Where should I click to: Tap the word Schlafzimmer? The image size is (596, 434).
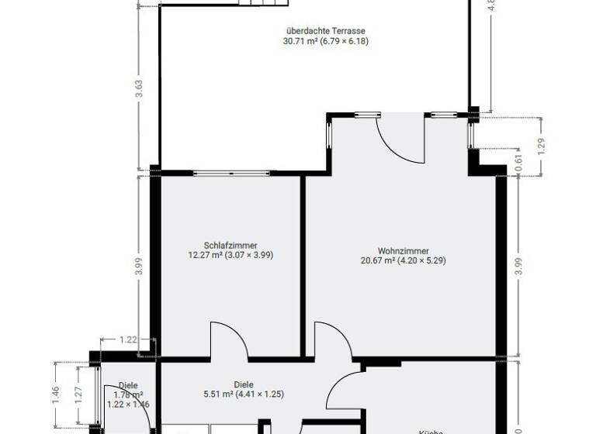pos(230,245)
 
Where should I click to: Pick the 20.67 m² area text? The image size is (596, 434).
pos(378,260)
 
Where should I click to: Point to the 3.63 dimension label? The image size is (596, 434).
pos(139,88)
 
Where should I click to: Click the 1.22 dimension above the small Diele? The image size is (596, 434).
pos(129,339)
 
